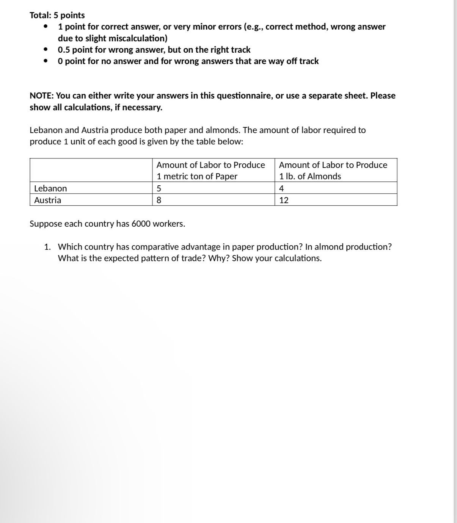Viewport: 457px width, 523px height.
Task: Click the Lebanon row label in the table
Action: [x=50, y=188]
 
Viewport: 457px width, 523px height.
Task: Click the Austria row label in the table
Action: [x=47, y=200]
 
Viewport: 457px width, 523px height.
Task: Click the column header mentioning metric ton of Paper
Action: [x=210, y=171]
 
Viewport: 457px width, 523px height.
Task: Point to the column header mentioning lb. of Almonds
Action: [x=333, y=171]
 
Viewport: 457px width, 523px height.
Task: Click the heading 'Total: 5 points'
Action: [x=57, y=15]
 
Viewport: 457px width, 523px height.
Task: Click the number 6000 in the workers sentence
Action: [x=141, y=224]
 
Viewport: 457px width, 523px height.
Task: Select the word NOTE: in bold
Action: [x=42, y=96]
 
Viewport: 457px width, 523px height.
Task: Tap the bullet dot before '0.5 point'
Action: [x=46, y=50]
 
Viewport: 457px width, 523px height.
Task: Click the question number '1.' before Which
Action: [x=47, y=247]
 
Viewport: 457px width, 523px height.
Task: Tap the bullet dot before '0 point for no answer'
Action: [x=46, y=61]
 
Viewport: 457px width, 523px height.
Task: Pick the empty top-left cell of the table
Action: [x=91, y=170]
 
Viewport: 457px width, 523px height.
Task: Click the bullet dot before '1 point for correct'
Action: [x=46, y=27]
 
